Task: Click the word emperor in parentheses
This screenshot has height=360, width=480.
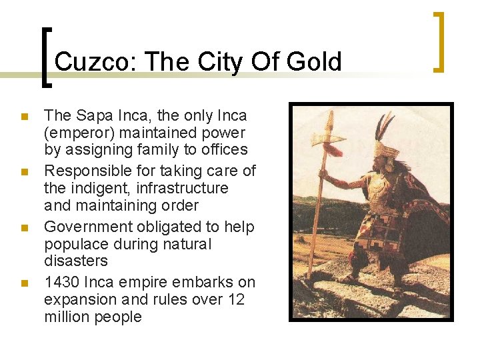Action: click(x=80, y=133)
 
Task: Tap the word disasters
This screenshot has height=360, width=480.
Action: click(x=75, y=261)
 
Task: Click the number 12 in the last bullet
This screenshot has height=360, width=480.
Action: click(x=235, y=300)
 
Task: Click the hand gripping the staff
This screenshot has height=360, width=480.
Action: click(x=323, y=175)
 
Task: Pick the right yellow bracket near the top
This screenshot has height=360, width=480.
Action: click(x=439, y=41)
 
